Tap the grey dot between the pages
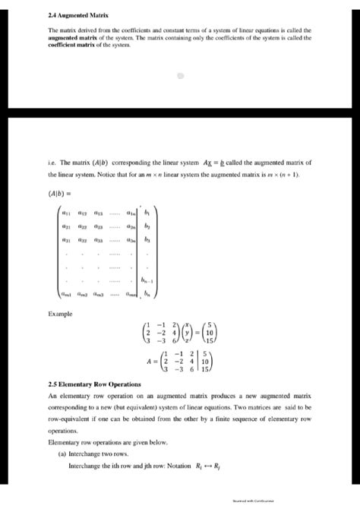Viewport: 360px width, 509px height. click(181, 76)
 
